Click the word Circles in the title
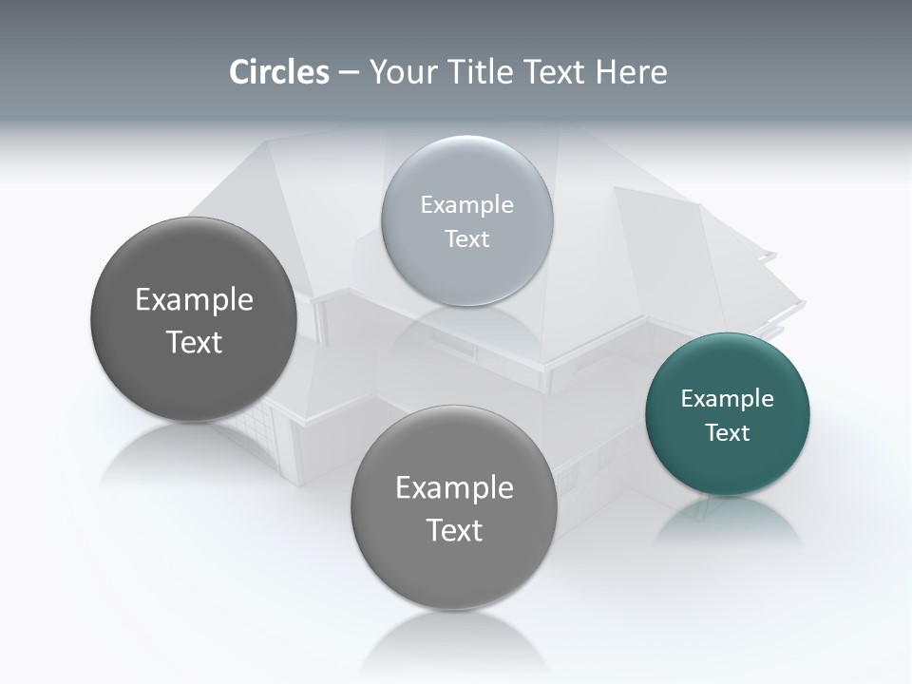[279, 72]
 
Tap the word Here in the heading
[631, 72]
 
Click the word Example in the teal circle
[728, 399]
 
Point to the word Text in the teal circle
[728, 433]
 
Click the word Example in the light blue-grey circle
[467, 205]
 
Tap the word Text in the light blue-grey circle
[467, 239]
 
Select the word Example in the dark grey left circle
[194, 300]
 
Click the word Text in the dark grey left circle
[194, 343]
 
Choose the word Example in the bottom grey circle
[454, 488]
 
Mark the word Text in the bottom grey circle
[454, 531]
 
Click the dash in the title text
[349, 73]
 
